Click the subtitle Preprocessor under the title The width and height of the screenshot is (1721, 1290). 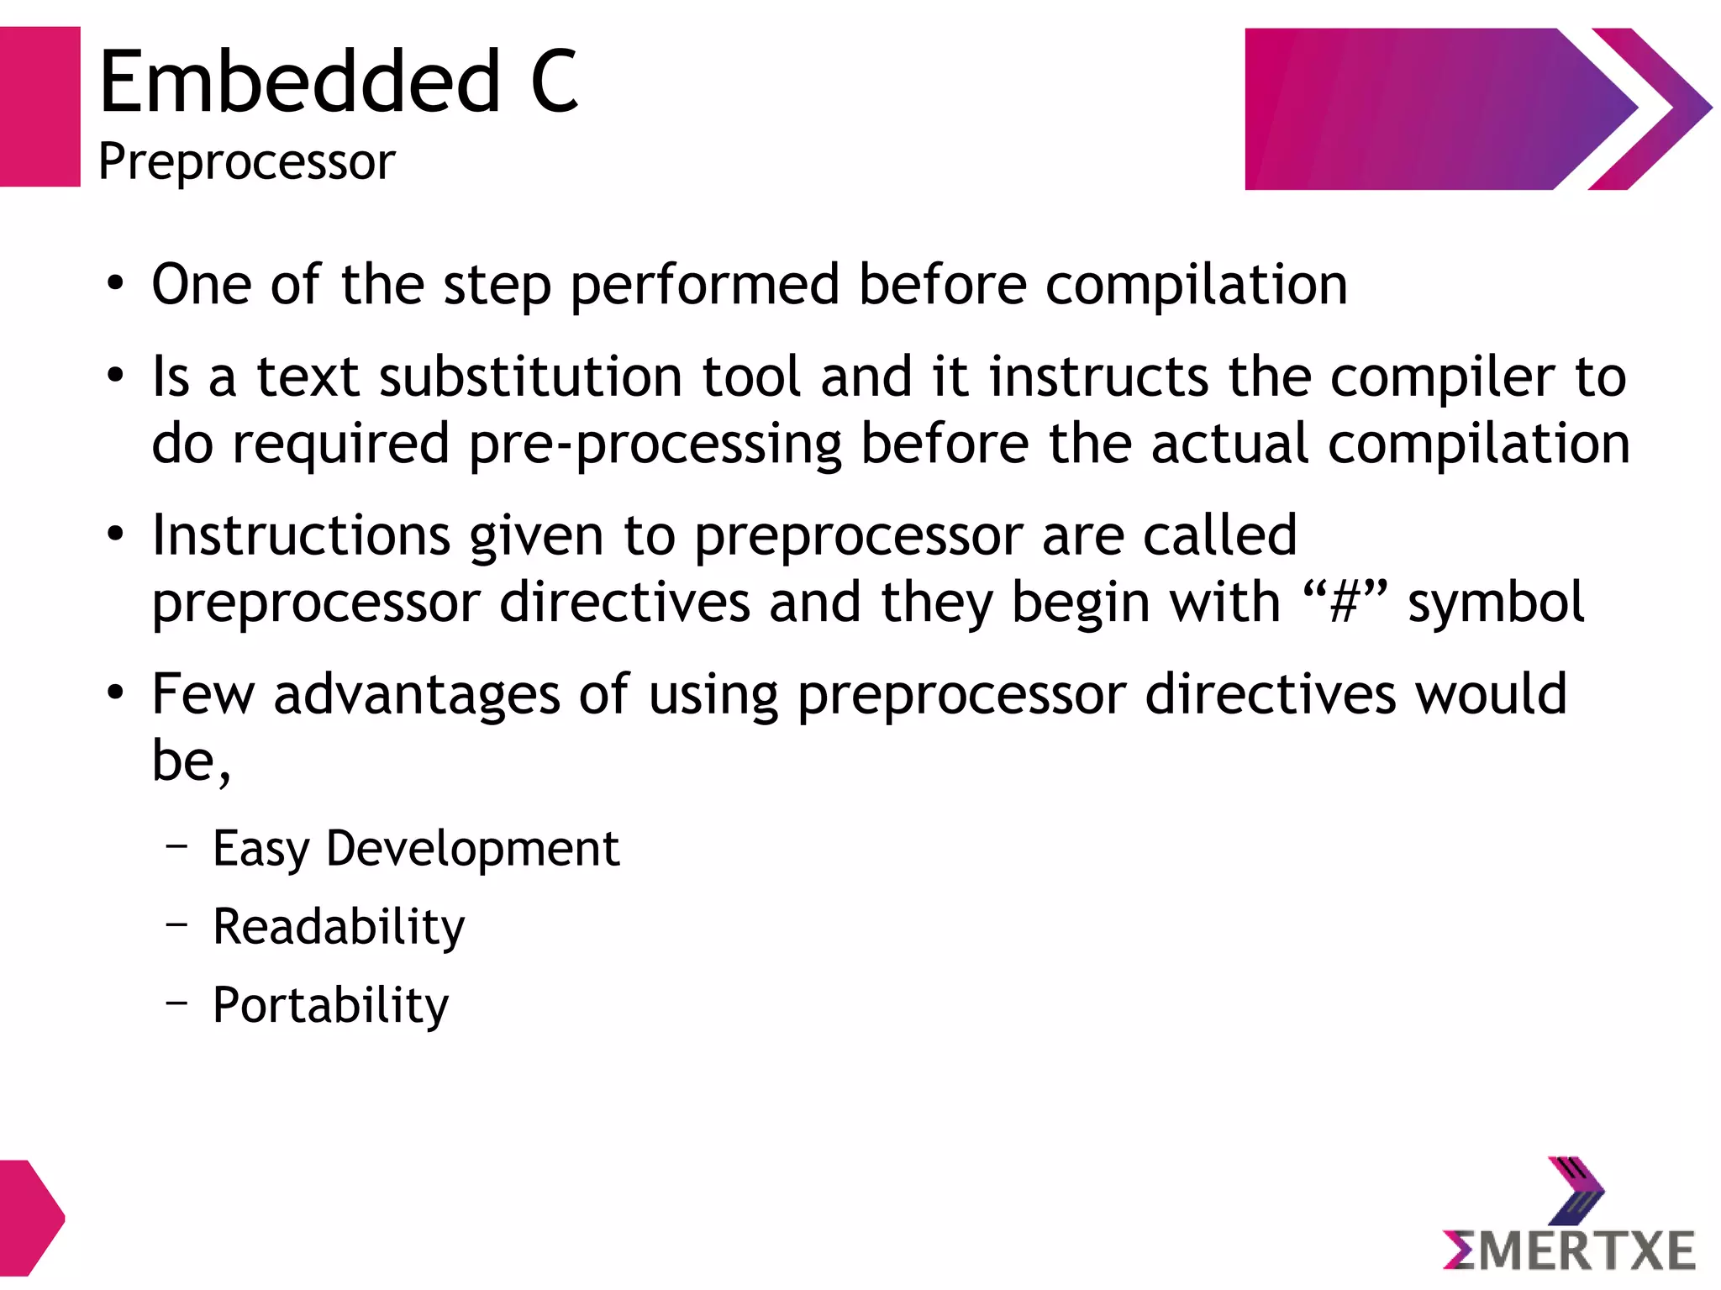[x=246, y=161]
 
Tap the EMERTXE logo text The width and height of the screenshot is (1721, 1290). [x=1569, y=1251]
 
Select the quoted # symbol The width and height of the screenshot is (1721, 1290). [x=1344, y=603]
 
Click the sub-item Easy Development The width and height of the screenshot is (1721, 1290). [x=415, y=848]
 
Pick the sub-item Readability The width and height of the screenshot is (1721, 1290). [x=338, y=927]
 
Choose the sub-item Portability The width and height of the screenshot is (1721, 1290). [x=330, y=1005]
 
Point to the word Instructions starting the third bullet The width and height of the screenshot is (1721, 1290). [x=302, y=535]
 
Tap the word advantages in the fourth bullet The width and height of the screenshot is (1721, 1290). [x=417, y=694]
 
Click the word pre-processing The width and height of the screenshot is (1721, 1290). [x=655, y=444]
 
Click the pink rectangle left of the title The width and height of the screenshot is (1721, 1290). [x=39, y=107]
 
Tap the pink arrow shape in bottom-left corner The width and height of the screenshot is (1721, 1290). [x=29, y=1218]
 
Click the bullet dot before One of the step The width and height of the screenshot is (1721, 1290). [x=116, y=284]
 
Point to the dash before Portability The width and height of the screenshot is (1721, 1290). [x=176, y=1001]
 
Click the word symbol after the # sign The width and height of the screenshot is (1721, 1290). [x=1496, y=603]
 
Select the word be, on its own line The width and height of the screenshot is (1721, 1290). [x=191, y=761]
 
